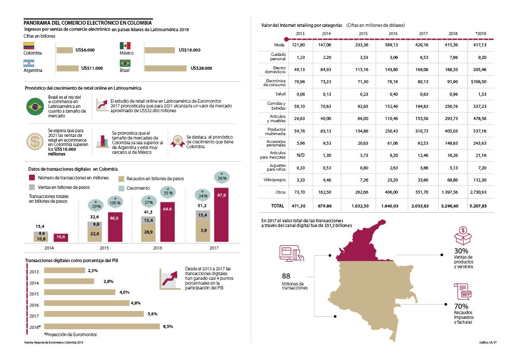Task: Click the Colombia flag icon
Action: point(29,45)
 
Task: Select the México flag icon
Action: point(125,45)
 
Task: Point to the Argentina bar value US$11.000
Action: point(92,68)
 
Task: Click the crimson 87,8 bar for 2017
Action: point(221,214)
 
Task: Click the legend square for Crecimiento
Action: point(122,188)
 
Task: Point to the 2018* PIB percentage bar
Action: point(102,326)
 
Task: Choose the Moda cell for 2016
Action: point(393,45)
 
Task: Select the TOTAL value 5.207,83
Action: point(481,206)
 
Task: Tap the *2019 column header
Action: point(481,33)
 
